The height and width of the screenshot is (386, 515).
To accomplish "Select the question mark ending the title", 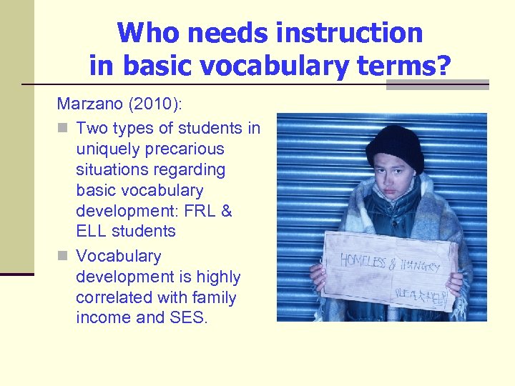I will click(x=444, y=65).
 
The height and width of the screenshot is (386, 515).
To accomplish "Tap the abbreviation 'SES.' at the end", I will click(x=190, y=318).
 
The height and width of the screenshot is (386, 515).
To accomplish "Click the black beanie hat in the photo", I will click(x=394, y=145).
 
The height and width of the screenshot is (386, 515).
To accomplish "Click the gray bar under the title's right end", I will click(x=437, y=84).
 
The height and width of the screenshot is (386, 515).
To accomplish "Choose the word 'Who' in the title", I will click(x=142, y=33).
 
